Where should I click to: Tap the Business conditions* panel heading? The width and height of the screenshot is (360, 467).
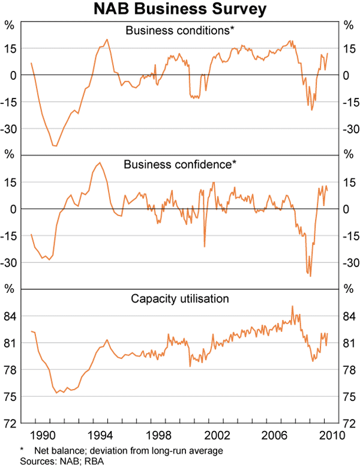(179, 30)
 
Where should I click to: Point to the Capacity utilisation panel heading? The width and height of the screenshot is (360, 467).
(179, 298)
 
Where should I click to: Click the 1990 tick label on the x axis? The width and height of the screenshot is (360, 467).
(42, 433)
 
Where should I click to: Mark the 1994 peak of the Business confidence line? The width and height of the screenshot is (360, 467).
(100, 162)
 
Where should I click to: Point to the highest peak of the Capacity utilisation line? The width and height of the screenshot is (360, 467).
(292, 306)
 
